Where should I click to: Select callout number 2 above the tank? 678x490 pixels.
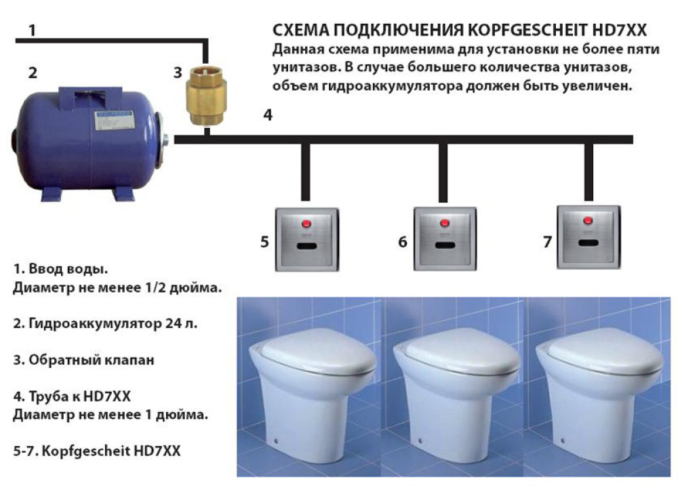coord(31,72)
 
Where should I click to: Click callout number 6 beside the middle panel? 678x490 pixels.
coord(403,241)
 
